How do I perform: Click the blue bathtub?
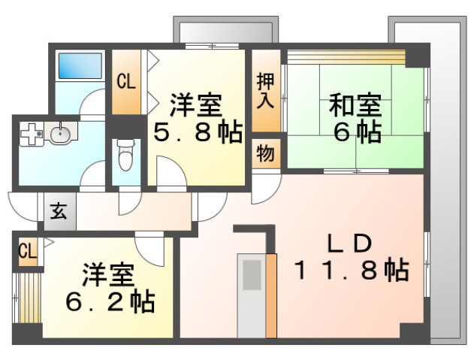point(80,65)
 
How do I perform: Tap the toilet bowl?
point(125,155)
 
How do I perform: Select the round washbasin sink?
point(60,133)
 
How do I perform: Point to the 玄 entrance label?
point(59,211)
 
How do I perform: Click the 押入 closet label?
point(265,90)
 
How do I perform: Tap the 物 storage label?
point(266,153)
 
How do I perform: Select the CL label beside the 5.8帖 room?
point(126,82)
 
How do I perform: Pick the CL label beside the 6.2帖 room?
point(28,251)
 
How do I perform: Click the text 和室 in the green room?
point(355,105)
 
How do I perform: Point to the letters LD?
point(350,244)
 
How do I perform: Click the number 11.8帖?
point(352,269)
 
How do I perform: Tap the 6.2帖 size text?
point(110,301)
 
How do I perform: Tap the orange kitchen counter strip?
point(271,295)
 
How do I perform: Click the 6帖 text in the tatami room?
point(357,132)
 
